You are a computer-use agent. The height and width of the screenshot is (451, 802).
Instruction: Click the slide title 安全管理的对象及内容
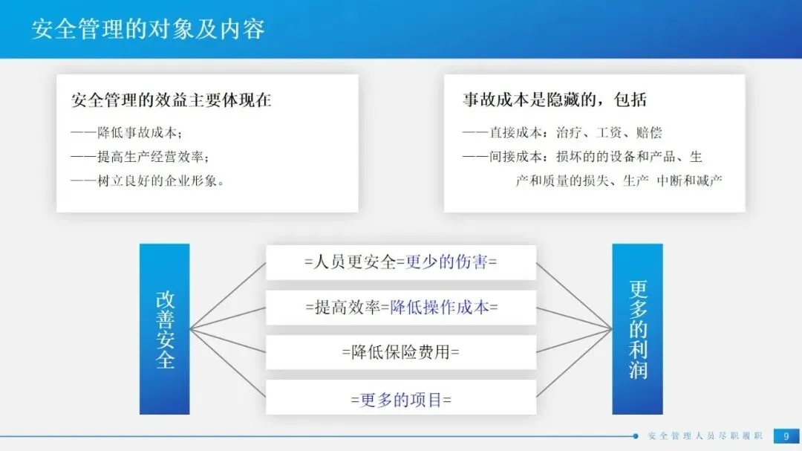(x=148, y=29)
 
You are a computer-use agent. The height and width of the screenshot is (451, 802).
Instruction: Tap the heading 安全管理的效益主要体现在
(x=171, y=100)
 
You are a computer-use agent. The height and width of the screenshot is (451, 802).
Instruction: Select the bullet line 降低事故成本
(x=126, y=132)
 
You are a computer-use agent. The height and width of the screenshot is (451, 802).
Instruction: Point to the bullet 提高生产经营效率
(x=140, y=157)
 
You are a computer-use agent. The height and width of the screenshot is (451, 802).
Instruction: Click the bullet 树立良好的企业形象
(x=147, y=181)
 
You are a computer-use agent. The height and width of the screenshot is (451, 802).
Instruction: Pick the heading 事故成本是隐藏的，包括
(x=555, y=100)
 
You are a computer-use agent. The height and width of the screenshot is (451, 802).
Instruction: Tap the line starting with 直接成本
(x=562, y=132)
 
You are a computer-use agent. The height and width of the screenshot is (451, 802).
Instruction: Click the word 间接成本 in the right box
(x=515, y=157)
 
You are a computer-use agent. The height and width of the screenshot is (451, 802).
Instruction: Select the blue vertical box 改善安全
(x=165, y=329)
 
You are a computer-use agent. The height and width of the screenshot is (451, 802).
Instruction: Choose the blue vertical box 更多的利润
(x=637, y=329)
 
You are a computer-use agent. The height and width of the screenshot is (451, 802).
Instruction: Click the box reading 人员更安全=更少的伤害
(x=401, y=262)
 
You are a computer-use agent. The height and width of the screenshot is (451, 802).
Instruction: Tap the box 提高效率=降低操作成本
(x=401, y=307)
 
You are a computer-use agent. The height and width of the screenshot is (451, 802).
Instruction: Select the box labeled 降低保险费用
(x=401, y=352)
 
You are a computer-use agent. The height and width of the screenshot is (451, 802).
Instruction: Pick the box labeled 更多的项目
(x=401, y=398)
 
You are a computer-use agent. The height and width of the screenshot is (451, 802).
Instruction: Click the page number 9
(x=786, y=436)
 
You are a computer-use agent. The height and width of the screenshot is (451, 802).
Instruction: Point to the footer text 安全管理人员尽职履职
(x=705, y=436)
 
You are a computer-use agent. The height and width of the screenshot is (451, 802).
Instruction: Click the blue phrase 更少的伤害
(x=446, y=262)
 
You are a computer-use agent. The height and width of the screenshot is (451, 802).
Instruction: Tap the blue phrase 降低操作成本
(x=440, y=307)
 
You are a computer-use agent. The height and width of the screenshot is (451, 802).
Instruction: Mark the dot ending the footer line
(x=635, y=436)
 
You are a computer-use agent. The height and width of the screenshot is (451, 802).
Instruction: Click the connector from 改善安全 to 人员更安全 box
(x=228, y=296)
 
